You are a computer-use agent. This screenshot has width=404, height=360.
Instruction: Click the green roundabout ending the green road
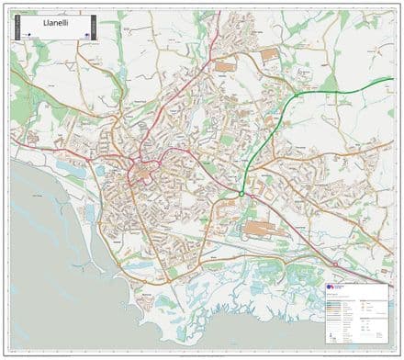click(x=241, y=194)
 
